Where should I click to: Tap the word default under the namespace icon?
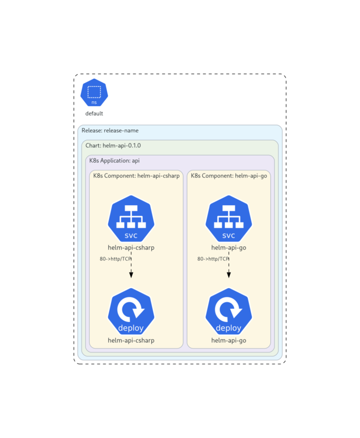[94, 114]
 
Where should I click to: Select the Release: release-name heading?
[110, 131]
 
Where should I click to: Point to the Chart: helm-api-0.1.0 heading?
[113, 146]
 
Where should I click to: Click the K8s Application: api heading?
[115, 160]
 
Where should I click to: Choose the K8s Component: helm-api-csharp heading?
[136, 176]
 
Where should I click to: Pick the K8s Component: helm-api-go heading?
[229, 176]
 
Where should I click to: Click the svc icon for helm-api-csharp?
[131, 219]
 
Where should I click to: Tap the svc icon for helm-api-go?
[229, 219]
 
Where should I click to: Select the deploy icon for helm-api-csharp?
[131, 312]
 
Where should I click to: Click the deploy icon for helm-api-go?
[229, 312]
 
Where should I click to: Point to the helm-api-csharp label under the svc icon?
[131, 247]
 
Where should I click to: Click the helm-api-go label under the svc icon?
[229, 247]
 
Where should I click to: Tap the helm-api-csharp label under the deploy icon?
[131, 341]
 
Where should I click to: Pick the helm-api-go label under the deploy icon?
[229, 341]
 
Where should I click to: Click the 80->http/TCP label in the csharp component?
[115, 259]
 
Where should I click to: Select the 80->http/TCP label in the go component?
[213, 259]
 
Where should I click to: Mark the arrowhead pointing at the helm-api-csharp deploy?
[131, 275]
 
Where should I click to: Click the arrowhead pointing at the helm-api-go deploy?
[229, 275]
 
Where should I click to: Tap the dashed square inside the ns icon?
[94, 91]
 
